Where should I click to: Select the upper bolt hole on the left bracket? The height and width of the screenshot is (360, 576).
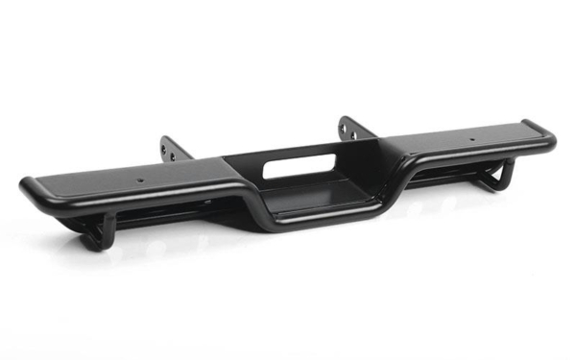(x=164, y=145)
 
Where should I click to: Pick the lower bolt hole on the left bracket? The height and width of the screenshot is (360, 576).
(x=170, y=154)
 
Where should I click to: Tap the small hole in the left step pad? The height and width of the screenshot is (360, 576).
(x=140, y=179)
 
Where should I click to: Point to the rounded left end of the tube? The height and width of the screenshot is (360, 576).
(x=27, y=186)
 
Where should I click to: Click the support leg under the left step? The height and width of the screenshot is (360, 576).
(x=106, y=229)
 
